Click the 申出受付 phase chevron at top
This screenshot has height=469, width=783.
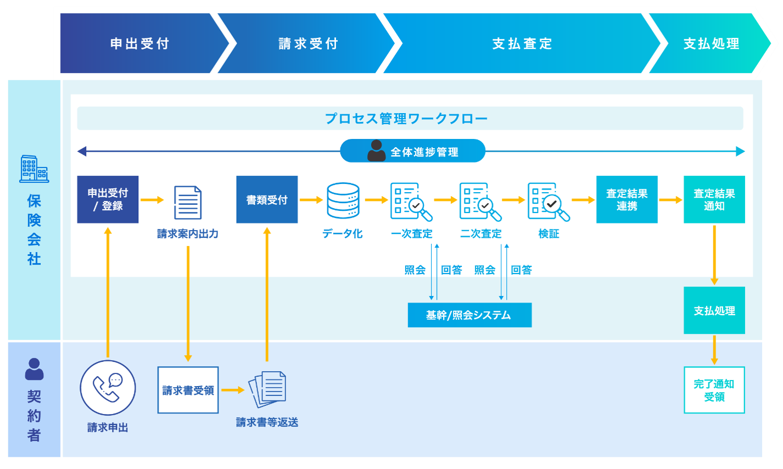tap(140, 43)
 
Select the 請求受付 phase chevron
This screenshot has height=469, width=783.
tap(307, 43)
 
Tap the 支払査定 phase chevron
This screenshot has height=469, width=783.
tap(522, 43)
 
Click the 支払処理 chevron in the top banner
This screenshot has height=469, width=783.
tap(711, 43)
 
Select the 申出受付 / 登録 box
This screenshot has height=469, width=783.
tap(108, 199)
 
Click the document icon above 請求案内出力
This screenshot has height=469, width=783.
tap(187, 202)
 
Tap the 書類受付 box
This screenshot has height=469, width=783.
tap(267, 199)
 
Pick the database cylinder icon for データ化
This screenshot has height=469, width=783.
tap(343, 200)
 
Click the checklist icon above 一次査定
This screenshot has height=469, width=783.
tap(411, 202)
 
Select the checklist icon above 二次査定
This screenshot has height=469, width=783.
tap(480, 202)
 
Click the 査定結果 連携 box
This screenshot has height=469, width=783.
tap(627, 199)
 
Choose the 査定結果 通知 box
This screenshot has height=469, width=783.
tap(714, 199)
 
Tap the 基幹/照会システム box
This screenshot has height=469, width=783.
tap(469, 315)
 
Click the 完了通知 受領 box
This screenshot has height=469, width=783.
tap(714, 390)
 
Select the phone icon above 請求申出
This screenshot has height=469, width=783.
tap(108, 388)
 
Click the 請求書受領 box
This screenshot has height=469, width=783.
tap(188, 390)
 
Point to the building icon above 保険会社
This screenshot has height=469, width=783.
tap(34, 169)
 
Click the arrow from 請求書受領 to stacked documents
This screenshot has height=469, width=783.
tap(233, 390)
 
